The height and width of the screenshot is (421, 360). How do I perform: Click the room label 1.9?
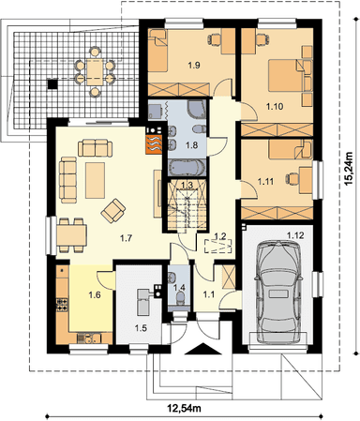tap(194, 66)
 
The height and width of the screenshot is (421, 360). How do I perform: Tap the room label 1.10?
tap(275, 107)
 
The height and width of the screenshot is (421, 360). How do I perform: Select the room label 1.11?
tap(265, 181)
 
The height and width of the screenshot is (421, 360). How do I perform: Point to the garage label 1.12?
tap(295, 235)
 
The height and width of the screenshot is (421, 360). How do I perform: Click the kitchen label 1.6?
tap(95, 294)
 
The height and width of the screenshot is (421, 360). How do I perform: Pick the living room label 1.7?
tap(127, 238)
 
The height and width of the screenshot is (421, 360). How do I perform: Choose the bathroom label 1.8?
tap(192, 145)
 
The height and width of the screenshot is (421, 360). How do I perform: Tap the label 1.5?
tap(141, 328)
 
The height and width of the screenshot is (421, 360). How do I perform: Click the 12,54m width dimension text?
tap(184, 408)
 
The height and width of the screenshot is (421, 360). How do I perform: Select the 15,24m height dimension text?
tap(349, 169)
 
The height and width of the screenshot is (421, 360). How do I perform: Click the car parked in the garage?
tap(278, 292)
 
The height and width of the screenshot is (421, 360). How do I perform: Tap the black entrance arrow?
tap(203, 349)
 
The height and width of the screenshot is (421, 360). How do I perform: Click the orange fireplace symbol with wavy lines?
tap(154, 144)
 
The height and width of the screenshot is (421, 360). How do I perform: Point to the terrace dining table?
tap(95, 72)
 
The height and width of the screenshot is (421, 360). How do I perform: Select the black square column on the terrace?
tap(52, 84)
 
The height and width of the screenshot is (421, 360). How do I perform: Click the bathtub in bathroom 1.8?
tap(187, 167)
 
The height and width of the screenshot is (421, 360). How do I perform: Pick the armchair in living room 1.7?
tap(113, 211)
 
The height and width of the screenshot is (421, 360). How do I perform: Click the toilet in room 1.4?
tap(180, 298)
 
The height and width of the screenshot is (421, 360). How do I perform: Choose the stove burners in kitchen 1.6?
tap(62, 304)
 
